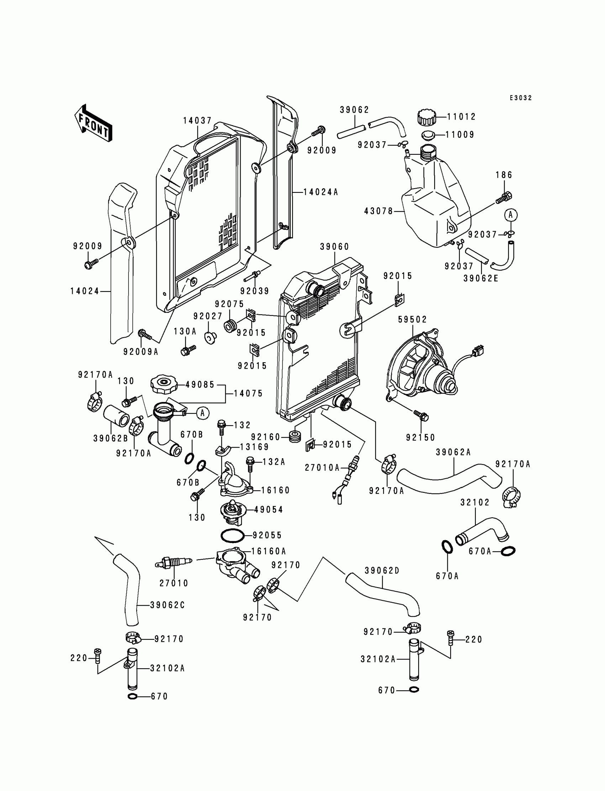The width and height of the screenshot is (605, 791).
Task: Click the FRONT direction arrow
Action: (93, 123)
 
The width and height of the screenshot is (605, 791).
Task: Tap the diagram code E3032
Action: (520, 98)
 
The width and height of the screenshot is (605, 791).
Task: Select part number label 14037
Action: (198, 121)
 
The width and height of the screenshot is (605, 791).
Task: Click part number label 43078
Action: (379, 211)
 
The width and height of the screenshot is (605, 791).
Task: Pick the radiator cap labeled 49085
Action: (164, 385)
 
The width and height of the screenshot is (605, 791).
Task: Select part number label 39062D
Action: (382, 571)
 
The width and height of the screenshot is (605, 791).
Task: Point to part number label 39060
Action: (335, 247)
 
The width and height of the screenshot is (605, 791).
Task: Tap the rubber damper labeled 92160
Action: (295, 437)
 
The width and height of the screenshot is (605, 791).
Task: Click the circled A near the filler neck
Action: (203, 413)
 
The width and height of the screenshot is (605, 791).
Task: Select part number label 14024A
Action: (321, 192)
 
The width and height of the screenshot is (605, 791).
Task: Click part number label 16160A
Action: (268, 551)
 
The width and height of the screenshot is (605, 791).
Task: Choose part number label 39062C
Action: (168, 605)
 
